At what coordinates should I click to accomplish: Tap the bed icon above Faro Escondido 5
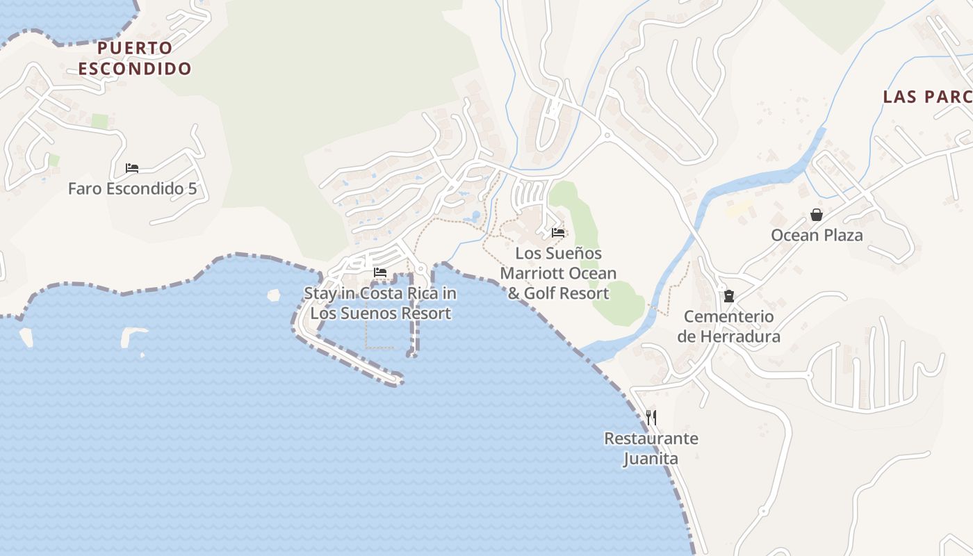coord(132,168)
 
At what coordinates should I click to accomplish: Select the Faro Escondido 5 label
coord(132,188)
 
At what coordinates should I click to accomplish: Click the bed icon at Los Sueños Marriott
coord(558,233)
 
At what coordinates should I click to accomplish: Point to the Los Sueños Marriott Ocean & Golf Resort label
coord(558,273)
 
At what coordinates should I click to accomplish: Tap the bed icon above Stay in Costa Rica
coord(380,272)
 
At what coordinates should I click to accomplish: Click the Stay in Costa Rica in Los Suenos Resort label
coord(380,303)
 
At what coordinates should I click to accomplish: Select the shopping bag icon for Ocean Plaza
coord(817,215)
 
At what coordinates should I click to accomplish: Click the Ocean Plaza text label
coord(817,235)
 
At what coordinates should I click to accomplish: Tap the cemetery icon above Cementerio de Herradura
coord(728,296)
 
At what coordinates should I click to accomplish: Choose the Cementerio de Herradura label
coord(728,327)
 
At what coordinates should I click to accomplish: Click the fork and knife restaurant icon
coord(651,418)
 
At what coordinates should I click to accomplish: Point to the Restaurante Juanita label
coord(651,449)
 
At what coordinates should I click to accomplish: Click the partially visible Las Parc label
coord(927,97)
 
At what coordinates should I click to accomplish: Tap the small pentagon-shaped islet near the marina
coord(273,295)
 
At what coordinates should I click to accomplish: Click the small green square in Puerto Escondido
coord(100,122)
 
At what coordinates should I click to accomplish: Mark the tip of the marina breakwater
coord(398,380)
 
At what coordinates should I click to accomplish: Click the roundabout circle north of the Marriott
coord(607,135)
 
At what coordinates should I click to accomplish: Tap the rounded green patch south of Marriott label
coord(619,302)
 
